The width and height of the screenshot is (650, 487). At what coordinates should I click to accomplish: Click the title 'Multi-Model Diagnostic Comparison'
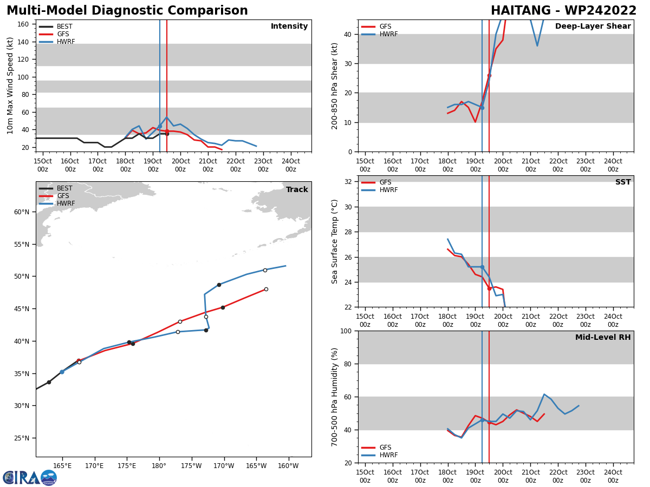127,11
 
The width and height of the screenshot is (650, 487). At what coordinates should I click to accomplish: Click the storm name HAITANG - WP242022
563,11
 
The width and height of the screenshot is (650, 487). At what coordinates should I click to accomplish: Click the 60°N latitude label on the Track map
21,212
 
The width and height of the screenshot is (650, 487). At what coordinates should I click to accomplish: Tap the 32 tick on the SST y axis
349,182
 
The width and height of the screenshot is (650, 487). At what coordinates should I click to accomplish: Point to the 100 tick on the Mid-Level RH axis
347,331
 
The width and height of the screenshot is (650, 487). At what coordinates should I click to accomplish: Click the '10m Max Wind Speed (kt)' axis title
10,85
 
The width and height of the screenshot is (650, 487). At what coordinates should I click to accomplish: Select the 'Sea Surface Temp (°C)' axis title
335,241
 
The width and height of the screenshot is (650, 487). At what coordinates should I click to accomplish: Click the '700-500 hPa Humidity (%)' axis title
335,397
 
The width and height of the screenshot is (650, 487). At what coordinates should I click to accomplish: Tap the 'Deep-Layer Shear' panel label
593,27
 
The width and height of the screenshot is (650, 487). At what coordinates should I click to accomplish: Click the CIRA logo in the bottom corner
30,477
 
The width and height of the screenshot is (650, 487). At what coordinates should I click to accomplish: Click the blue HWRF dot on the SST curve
482,267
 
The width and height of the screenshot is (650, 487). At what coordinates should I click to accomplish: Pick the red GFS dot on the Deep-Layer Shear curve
489,75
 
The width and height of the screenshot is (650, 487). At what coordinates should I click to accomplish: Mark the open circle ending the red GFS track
266,289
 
